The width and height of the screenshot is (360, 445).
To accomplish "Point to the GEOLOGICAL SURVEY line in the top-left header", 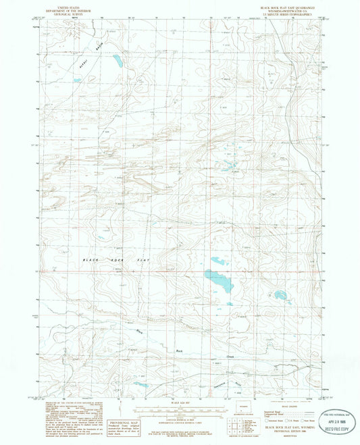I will click(x=57, y=13).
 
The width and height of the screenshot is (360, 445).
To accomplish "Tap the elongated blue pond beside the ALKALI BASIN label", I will click(x=118, y=63).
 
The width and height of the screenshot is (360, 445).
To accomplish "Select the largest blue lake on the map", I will click(x=218, y=280).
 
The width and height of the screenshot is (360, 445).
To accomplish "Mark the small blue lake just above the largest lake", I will click(x=218, y=261).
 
